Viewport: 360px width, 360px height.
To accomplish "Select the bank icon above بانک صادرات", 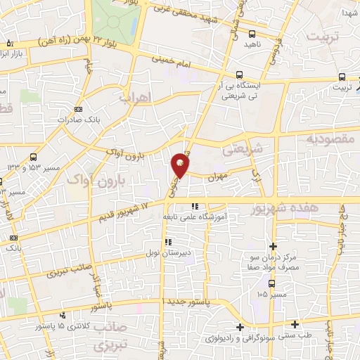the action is (77, 109).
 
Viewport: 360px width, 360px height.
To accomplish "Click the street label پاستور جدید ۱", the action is (186, 302).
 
